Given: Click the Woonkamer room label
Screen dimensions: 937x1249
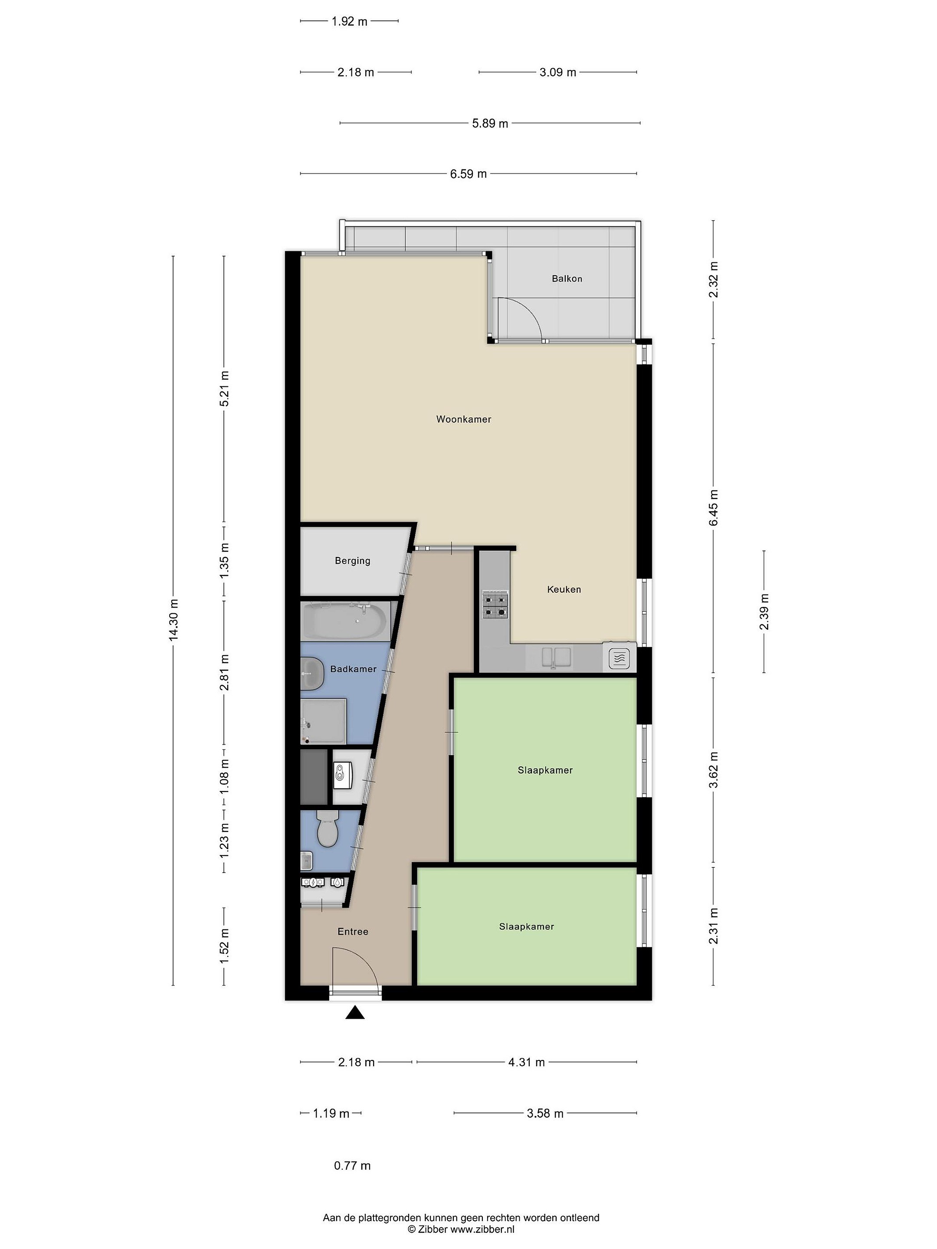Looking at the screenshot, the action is click(463, 419).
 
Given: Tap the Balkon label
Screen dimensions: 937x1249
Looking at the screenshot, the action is click(567, 278).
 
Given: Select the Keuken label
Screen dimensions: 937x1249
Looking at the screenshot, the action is click(564, 589).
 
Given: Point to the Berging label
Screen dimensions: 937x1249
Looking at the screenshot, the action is click(352, 561).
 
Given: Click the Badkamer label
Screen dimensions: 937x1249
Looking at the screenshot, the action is click(353, 669).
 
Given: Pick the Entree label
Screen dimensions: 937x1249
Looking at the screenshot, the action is click(352, 932).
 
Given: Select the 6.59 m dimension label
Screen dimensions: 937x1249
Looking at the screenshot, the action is click(468, 174).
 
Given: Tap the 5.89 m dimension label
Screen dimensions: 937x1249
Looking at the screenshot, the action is click(490, 123).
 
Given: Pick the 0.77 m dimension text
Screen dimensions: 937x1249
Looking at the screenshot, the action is click(352, 1165).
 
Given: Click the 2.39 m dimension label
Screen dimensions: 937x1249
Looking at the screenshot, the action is click(764, 612).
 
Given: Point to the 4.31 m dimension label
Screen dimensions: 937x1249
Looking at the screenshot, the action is click(526, 1062).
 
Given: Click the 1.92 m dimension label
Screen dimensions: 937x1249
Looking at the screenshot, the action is click(349, 21).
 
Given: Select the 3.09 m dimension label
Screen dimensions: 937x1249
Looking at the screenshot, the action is click(557, 72).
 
